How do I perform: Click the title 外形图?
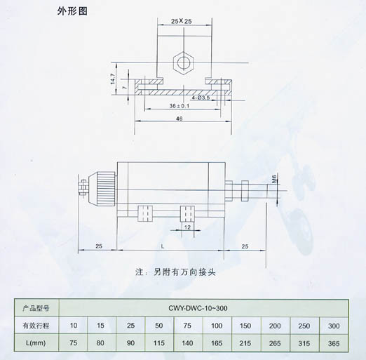(x=72, y=11)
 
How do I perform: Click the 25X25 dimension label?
(x=182, y=21)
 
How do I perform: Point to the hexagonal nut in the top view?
(x=184, y=62)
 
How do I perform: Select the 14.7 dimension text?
(x=113, y=79)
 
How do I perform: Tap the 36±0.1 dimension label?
(x=179, y=106)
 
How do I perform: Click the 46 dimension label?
(x=179, y=119)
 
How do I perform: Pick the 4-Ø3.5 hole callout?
(x=201, y=98)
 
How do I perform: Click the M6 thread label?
(x=274, y=179)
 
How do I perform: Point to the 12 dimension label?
(x=187, y=227)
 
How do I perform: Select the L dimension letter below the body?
(x=163, y=246)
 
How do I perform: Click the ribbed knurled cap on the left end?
(x=106, y=189)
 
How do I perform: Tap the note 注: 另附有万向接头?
(x=175, y=272)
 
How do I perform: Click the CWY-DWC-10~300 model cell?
(x=198, y=308)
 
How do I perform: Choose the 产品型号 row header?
(x=36, y=308)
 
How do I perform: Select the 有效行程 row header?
(x=36, y=326)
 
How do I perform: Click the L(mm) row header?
(x=36, y=343)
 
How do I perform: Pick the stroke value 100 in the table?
(x=217, y=326)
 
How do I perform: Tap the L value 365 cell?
(x=334, y=343)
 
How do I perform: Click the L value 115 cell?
(x=159, y=343)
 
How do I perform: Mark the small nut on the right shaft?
(x=245, y=191)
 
